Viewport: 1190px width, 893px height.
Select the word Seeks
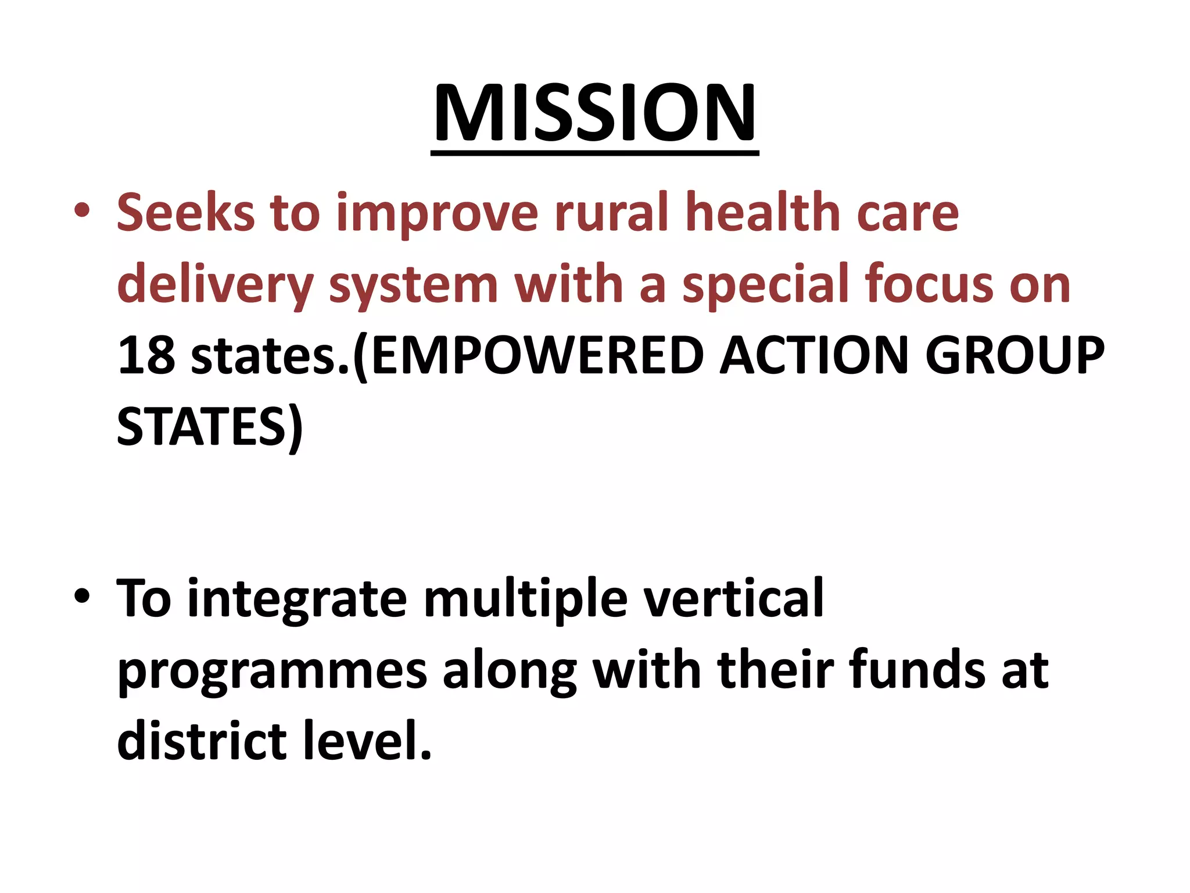point(185,212)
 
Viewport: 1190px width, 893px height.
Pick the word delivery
point(215,285)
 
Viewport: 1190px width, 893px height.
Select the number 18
point(146,356)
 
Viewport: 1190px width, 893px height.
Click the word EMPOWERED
point(537,356)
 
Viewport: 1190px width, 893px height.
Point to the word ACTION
point(814,356)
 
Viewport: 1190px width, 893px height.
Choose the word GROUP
point(1014,356)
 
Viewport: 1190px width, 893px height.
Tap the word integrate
point(297,599)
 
